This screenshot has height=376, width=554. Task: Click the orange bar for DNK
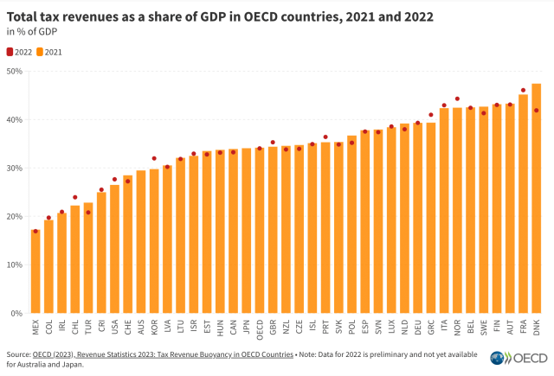pos(536,199)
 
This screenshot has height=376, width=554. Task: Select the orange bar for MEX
pos(35,271)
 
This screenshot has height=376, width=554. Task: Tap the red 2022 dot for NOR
pos(457,99)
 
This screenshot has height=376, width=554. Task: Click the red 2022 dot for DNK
pos(536,110)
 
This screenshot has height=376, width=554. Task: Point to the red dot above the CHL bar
pos(75,197)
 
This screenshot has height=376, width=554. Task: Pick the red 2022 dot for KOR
pos(154,158)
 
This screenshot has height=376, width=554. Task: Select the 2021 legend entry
pos(51,52)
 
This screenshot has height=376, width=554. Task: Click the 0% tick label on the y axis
pos(15,313)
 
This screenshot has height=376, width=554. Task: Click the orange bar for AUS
pos(141,242)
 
